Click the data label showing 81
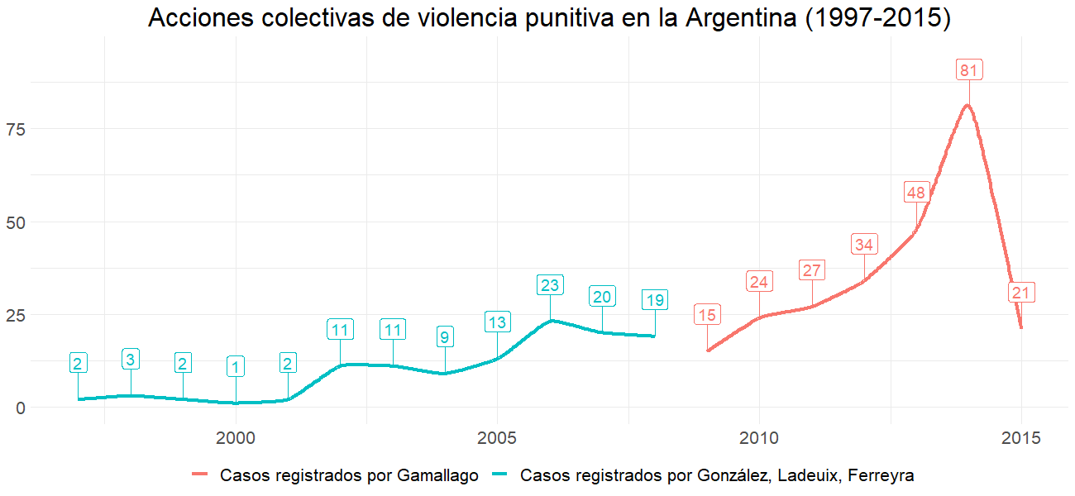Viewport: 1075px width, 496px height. tap(968, 70)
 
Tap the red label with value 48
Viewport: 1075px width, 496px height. tap(916, 193)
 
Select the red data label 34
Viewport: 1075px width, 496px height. tap(864, 245)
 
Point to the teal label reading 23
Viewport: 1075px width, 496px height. tap(550, 285)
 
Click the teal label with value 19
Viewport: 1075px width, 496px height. tap(654, 300)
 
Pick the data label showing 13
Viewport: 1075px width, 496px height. tap(497, 322)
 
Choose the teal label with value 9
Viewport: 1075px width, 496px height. tap(445, 337)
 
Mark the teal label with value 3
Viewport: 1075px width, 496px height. tap(131, 360)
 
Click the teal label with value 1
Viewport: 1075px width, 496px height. tap(236, 367)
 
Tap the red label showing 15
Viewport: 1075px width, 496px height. tap(707, 315)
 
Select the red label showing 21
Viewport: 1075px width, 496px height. tap(1021, 293)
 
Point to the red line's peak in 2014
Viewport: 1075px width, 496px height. tap(967, 105)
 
